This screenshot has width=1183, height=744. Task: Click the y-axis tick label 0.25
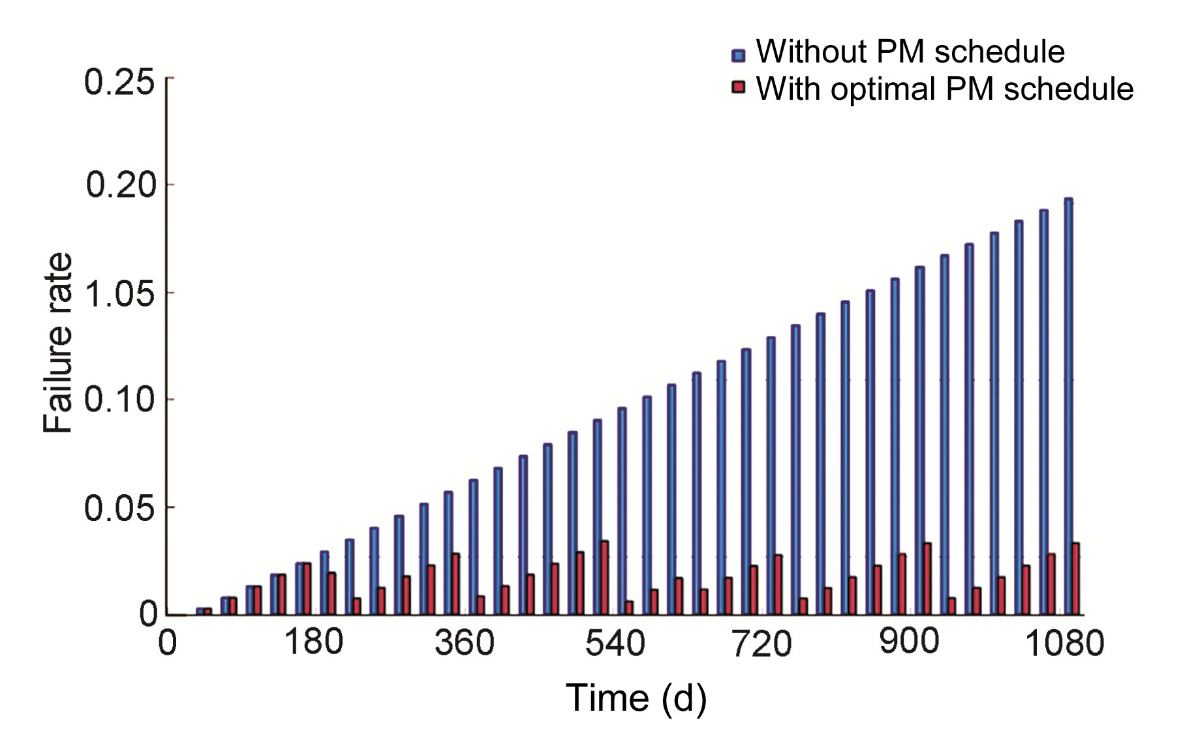click(119, 83)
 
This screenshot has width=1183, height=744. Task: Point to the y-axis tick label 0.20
click(121, 186)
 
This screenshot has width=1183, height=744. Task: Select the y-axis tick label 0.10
click(119, 400)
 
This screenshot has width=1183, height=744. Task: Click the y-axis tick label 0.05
click(119, 509)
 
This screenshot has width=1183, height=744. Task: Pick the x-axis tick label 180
click(313, 642)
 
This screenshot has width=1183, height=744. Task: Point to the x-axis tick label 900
click(909, 642)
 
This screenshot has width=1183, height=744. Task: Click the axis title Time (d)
click(636, 698)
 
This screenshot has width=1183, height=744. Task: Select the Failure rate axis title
click(58, 344)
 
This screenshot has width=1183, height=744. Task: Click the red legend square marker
click(738, 88)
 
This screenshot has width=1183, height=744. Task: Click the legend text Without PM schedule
click(910, 52)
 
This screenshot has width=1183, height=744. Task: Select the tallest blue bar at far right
click(1068, 404)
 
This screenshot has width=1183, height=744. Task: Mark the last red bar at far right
click(1075, 579)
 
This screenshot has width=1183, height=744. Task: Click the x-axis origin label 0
click(168, 644)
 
